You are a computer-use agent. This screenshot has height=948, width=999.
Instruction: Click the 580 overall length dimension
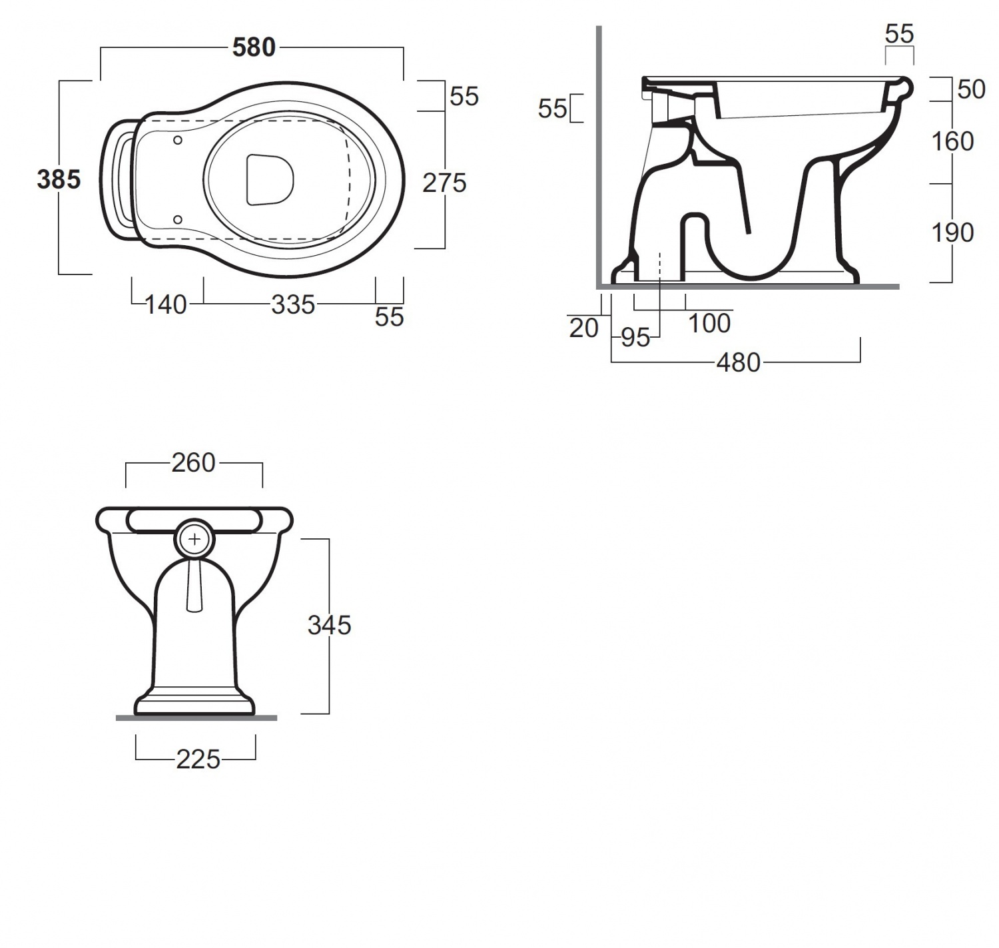[x=254, y=47]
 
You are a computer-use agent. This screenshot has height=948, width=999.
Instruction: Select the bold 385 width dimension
[x=59, y=179]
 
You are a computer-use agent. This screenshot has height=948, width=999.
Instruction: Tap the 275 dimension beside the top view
[x=444, y=183]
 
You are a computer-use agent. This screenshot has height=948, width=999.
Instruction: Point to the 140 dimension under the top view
[x=166, y=305]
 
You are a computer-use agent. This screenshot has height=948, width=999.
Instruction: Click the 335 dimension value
[x=293, y=305]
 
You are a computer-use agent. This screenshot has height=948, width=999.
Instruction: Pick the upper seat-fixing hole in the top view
[x=177, y=140]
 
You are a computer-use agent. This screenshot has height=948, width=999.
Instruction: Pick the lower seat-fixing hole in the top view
[x=177, y=220]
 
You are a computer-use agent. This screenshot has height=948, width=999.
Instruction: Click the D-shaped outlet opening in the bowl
[x=270, y=179]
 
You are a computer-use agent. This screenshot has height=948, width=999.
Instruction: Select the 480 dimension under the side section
[x=739, y=363]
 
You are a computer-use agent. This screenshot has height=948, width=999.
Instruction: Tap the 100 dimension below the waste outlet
[x=709, y=323]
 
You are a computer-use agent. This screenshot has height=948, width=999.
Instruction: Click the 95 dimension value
[x=635, y=338]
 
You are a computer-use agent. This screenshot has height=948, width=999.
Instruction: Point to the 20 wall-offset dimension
[x=584, y=329]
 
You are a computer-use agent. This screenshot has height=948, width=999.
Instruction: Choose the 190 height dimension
[x=952, y=233]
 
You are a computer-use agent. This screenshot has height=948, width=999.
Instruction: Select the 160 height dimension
[x=952, y=141]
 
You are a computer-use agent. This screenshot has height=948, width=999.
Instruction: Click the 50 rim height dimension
[x=971, y=89]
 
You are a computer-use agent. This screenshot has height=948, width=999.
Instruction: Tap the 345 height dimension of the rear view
[x=329, y=625]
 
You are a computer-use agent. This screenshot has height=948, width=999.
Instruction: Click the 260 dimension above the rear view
[x=194, y=462]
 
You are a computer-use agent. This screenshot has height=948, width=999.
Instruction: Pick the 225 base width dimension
[x=198, y=759]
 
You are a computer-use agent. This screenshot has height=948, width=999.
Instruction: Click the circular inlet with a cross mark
[x=194, y=540]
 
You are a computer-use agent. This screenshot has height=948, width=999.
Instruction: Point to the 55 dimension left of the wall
[x=552, y=109]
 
